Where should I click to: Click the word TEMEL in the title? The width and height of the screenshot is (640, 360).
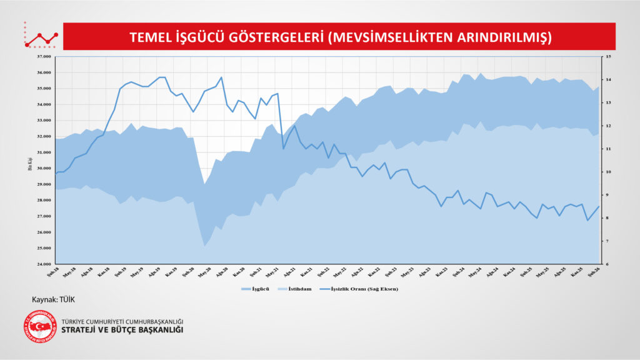tap(149, 37)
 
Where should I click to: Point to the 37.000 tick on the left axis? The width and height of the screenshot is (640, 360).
tap(43, 57)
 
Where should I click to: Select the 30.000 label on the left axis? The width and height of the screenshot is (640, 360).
tap(43, 168)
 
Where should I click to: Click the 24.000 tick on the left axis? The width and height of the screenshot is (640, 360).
tap(43, 264)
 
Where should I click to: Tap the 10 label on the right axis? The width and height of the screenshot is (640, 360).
tap(606, 172)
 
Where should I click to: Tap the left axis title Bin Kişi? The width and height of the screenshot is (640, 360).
tap(29, 164)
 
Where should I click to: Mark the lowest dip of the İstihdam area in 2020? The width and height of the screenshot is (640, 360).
tap(204, 246)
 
